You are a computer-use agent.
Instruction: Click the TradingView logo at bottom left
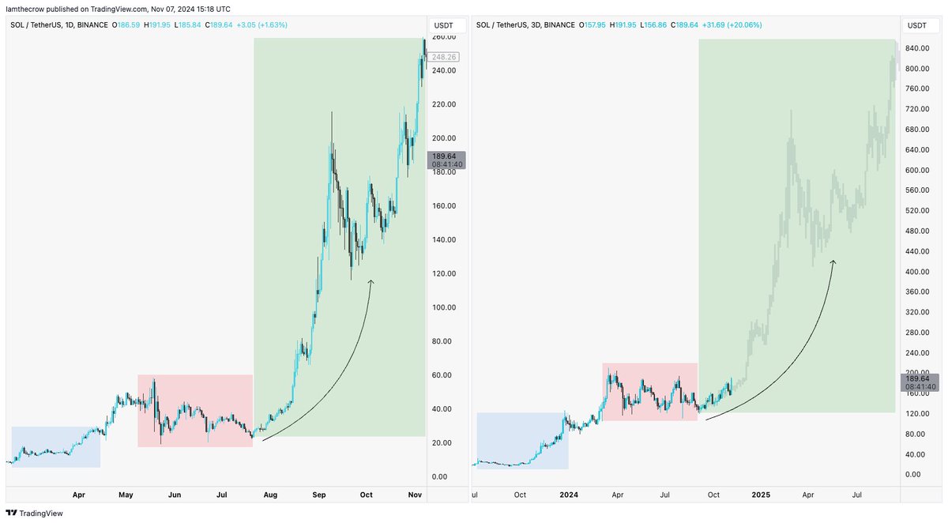pyautogui.click(x=35, y=513)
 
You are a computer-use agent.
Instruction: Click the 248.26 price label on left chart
pyautogui.click(x=443, y=57)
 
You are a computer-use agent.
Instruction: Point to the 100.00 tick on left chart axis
pyautogui.click(x=442, y=307)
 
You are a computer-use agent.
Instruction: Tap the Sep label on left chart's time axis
pyautogui.click(x=319, y=495)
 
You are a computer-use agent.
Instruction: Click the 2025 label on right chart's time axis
pyautogui.click(x=761, y=495)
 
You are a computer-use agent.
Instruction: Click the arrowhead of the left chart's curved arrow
pyautogui.click(x=371, y=281)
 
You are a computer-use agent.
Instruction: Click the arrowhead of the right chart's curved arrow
pyautogui.click(x=833, y=262)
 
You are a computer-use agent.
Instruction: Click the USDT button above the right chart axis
pyautogui.click(x=916, y=25)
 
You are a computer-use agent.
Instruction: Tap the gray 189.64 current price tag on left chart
pyautogui.click(x=446, y=160)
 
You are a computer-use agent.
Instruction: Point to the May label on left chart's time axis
pyautogui.click(x=126, y=495)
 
